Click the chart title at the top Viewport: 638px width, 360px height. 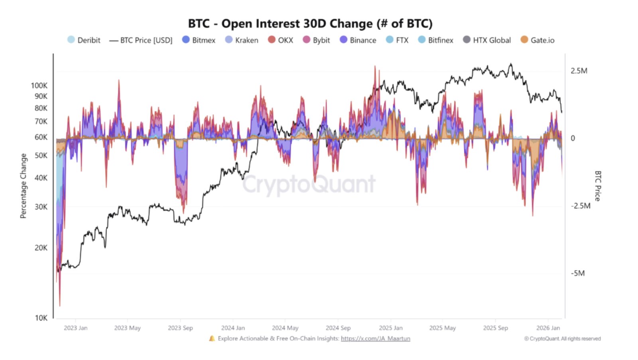[310, 24]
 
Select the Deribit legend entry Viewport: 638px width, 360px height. [84, 40]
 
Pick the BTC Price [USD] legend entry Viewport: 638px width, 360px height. [141, 40]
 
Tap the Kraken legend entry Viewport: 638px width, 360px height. [242, 40]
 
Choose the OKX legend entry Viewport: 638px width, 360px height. [281, 40]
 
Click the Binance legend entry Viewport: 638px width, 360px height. [358, 40]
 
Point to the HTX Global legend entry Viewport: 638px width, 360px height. [487, 40]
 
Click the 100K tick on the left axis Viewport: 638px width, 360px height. [39, 86]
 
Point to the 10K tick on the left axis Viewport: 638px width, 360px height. [41, 318]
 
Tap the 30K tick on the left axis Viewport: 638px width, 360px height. [41, 207]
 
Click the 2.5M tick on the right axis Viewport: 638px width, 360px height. [579, 71]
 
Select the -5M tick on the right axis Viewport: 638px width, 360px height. [578, 273]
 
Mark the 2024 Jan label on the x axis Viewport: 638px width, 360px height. [233, 328]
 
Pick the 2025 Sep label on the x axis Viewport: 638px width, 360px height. [495, 328]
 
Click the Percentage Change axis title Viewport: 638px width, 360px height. [24, 186]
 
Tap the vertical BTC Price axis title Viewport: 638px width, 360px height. [597, 186]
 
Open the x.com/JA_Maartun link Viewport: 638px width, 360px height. [375, 338]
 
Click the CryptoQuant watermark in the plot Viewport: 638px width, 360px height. [309, 184]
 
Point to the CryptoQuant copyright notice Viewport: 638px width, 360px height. [562, 339]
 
